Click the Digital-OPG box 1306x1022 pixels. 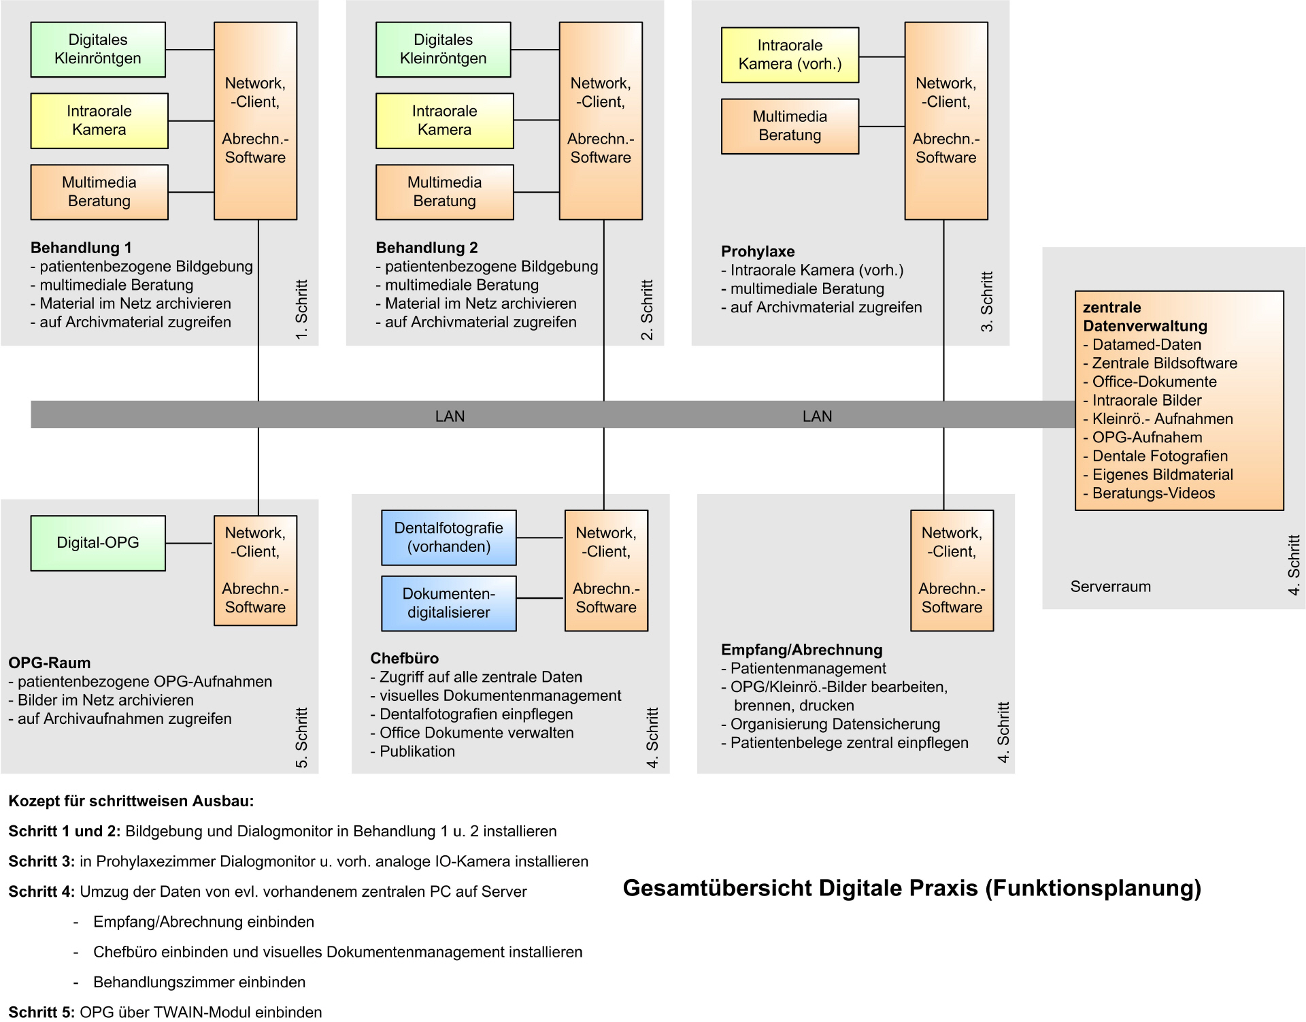98,543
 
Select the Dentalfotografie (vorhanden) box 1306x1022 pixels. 449,538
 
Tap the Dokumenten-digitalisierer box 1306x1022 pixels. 449,603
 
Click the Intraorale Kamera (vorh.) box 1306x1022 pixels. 790,55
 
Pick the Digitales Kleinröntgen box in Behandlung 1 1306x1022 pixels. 98,50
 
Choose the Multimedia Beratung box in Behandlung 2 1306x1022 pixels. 444,192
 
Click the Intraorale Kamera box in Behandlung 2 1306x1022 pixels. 444,120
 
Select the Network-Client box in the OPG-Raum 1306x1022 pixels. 255,570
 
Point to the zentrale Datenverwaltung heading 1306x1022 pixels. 1145,316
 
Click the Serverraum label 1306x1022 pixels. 1110,587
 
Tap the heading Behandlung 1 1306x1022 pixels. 81,248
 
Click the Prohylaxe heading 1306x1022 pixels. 758,252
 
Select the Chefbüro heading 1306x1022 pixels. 404,659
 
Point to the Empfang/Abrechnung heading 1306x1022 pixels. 801,650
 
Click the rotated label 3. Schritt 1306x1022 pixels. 986,301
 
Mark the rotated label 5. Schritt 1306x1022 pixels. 301,738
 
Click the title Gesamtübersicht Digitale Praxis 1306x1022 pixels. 911,888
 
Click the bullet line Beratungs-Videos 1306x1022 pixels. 1153,493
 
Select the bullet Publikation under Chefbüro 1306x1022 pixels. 416,751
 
